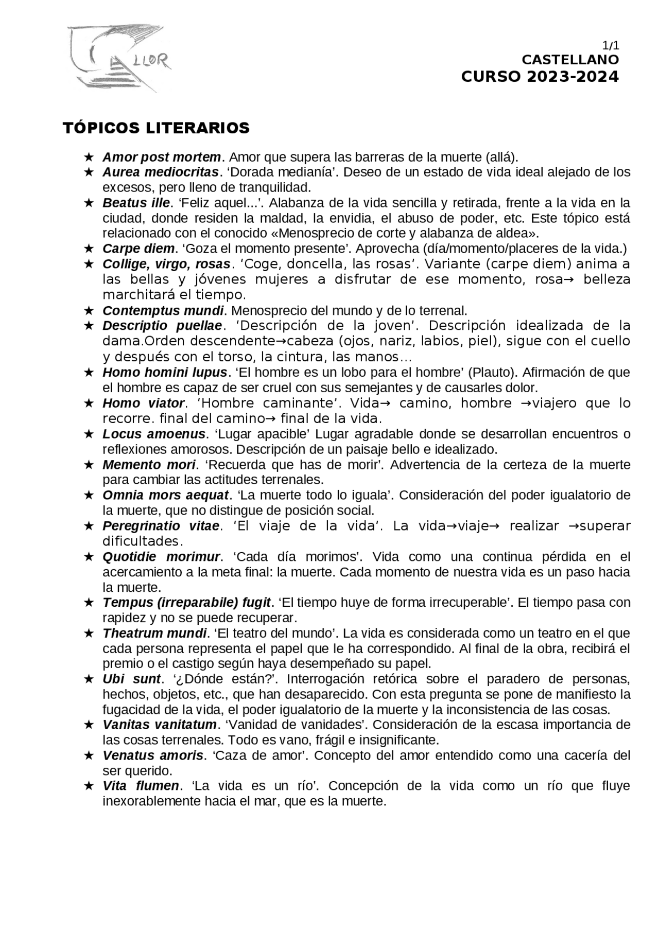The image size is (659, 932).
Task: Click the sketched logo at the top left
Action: [x=119, y=58]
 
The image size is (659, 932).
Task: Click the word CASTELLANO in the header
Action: [x=570, y=60]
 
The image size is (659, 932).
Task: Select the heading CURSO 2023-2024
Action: [x=540, y=77]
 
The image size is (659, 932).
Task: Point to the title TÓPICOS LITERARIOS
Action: [x=156, y=128]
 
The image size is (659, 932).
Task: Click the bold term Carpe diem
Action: [x=138, y=249]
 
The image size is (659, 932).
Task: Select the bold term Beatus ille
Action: [x=136, y=202]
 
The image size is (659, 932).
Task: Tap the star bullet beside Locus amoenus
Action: [x=89, y=434]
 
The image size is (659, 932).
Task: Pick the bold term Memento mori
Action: [x=149, y=465]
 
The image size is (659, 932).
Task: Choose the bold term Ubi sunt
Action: [x=131, y=679]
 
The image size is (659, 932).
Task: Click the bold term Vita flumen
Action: [x=141, y=786]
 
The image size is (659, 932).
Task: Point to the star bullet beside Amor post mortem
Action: [x=89, y=156]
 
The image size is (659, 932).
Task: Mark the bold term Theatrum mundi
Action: [x=154, y=633]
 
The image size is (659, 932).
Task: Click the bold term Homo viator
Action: [x=143, y=403]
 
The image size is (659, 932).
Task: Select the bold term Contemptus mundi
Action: [x=163, y=311]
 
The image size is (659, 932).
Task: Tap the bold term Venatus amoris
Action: [x=153, y=755]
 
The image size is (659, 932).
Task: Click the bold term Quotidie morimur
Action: [x=161, y=556]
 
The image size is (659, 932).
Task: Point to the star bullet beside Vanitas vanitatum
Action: [x=89, y=725]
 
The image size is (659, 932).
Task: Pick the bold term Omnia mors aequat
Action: [x=165, y=495]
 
